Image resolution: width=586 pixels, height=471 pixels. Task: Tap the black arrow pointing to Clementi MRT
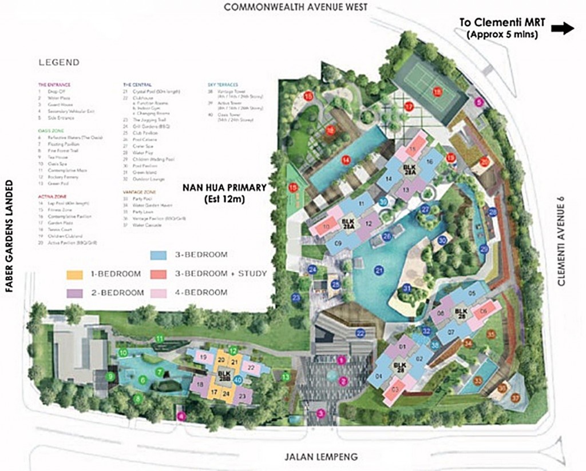point(562,29)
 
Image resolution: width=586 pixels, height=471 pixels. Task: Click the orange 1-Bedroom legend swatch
point(75,274)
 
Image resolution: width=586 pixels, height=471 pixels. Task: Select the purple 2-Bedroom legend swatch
point(75,293)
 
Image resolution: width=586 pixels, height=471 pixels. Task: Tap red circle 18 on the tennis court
point(437,92)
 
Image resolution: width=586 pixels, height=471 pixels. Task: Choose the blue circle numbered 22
point(361,333)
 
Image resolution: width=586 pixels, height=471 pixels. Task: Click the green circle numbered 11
point(160,339)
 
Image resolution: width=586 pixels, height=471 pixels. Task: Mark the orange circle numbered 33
point(477,381)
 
